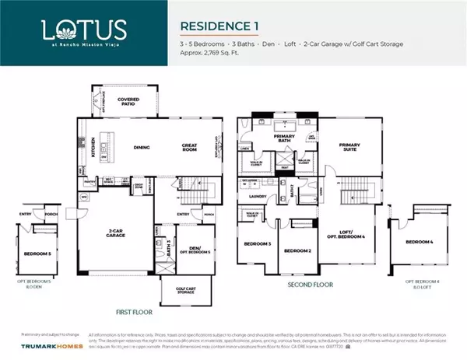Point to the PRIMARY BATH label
click(x=275, y=141)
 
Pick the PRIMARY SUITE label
click(x=351, y=146)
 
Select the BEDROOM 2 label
click(x=297, y=251)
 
